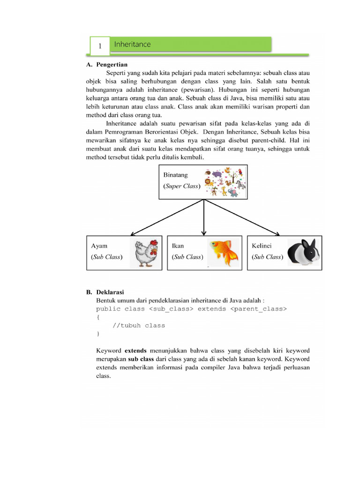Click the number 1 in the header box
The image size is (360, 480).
[100, 46]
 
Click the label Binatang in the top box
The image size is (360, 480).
[175, 175]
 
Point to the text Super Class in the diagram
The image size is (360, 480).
[182, 186]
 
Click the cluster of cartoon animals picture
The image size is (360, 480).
[224, 181]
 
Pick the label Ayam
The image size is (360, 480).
[99, 246]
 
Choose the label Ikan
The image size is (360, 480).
[178, 246]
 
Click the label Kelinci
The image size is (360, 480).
[262, 246]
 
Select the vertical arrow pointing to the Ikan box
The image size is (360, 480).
[203, 218]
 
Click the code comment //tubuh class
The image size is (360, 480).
[139, 325]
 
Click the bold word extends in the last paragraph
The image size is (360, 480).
[135, 351]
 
